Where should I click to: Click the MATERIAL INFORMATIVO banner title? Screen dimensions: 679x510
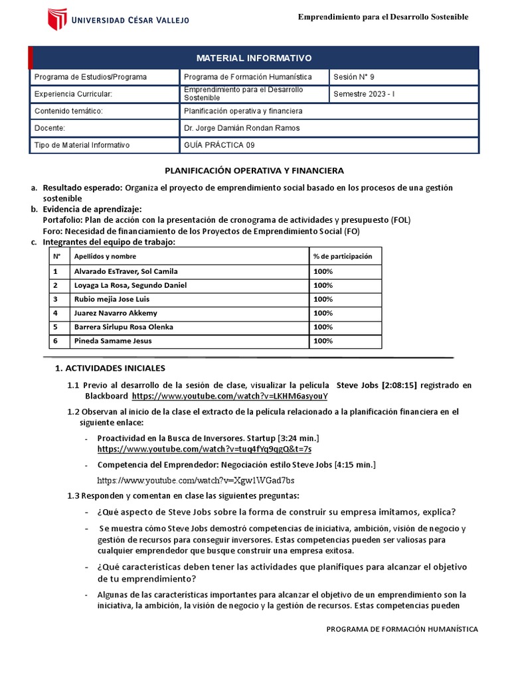254,58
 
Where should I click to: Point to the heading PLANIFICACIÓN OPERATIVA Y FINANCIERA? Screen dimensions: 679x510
254,170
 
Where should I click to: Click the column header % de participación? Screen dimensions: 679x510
343,257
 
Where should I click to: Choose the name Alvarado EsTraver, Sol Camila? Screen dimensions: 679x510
126,271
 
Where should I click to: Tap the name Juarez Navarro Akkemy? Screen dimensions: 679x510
116,313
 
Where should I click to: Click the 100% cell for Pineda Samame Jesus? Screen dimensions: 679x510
323,341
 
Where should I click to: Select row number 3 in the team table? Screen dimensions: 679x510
56,299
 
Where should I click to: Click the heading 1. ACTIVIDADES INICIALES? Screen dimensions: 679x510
110,368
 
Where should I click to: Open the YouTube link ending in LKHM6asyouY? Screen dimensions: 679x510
230,396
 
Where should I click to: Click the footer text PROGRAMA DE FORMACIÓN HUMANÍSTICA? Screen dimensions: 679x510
402,629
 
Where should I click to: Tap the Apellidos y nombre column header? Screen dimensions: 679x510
100,257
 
